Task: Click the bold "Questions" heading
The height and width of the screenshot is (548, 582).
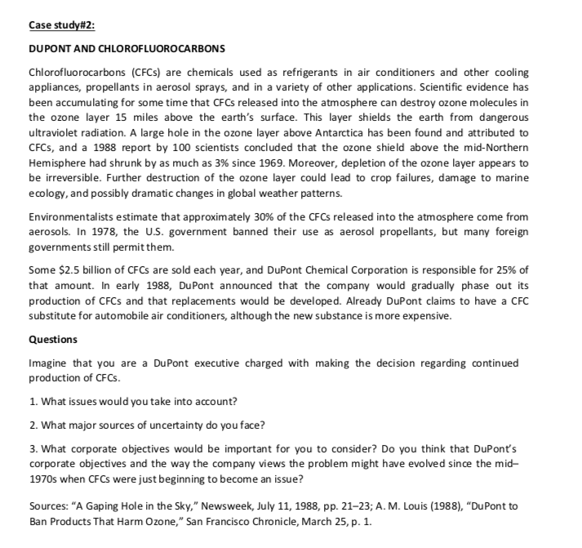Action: [53, 337]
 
